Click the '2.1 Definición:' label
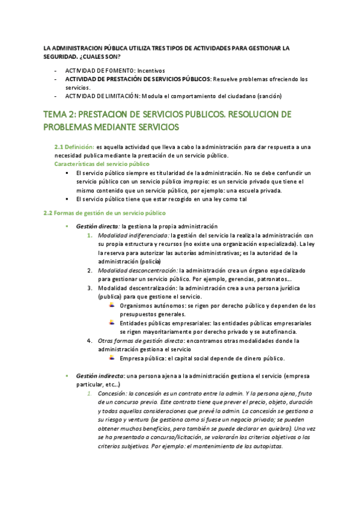[74, 147]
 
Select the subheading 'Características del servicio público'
[102, 164]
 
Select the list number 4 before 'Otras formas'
[90, 341]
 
